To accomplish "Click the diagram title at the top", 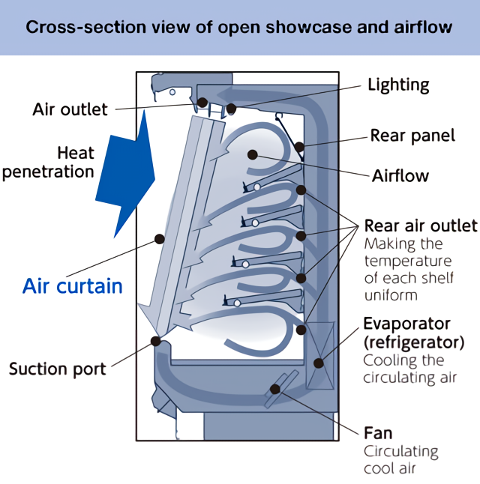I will click(x=239, y=28).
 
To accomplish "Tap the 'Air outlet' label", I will click(x=70, y=109).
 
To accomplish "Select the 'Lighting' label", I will click(x=398, y=85).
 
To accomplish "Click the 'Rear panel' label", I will click(x=412, y=136).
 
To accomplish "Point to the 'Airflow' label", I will click(x=400, y=176).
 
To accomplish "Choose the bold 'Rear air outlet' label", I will click(x=420, y=226).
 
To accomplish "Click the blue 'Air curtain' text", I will click(x=72, y=286).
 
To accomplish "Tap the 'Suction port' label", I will click(x=57, y=369).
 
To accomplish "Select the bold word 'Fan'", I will click(x=378, y=433).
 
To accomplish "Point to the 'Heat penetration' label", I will click(x=49, y=163).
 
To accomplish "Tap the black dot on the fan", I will click(x=276, y=389).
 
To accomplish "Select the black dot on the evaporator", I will click(x=319, y=363).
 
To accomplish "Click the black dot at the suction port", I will click(x=156, y=342).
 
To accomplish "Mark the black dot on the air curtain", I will click(x=159, y=240).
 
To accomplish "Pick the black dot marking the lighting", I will click(x=231, y=109).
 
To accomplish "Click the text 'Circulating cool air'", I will click(x=400, y=461).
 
